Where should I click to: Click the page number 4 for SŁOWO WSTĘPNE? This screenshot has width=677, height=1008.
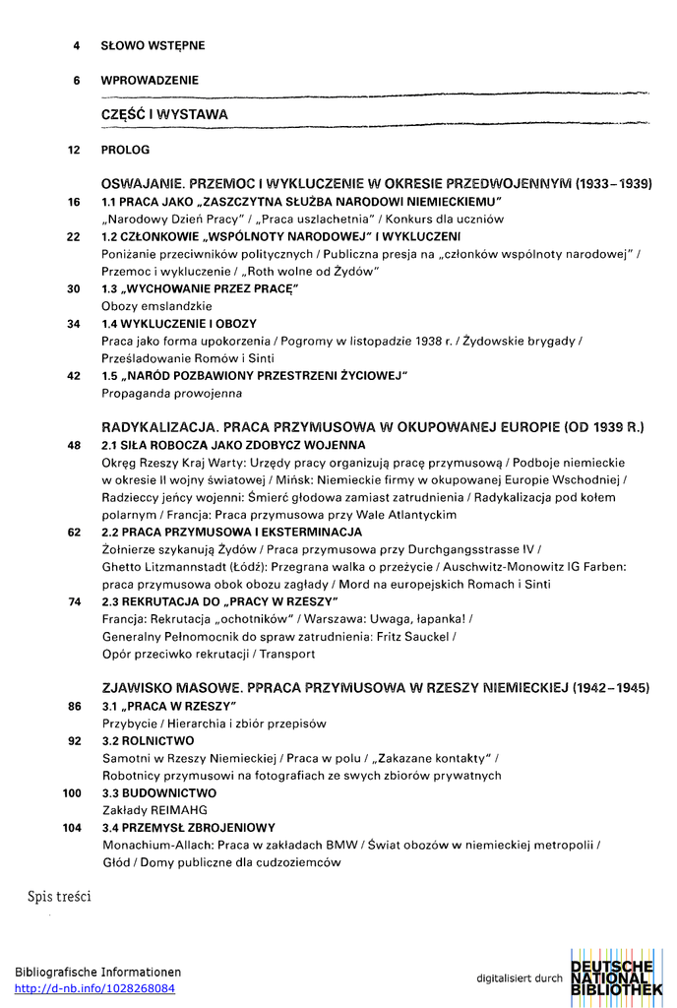tap(76, 45)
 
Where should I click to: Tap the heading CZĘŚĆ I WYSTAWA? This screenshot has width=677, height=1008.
tap(164, 114)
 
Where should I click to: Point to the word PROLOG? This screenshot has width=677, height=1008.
tap(125, 151)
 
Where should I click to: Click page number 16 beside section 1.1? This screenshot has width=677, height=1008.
tap(73, 202)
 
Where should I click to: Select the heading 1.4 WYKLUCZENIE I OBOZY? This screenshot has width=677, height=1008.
tap(179, 323)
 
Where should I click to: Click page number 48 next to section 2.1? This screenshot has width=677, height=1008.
tap(73, 445)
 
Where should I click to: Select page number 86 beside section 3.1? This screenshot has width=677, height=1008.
tap(74, 706)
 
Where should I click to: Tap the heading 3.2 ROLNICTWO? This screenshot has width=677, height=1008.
tap(148, 740)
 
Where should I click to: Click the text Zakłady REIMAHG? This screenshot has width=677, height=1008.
tap(154, 809)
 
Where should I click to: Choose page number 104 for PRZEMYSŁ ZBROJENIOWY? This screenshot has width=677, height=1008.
tap(71, 828)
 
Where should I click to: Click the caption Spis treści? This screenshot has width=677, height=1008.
tap(59, 897)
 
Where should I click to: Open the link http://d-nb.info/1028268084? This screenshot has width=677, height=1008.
tap(95, 988)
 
